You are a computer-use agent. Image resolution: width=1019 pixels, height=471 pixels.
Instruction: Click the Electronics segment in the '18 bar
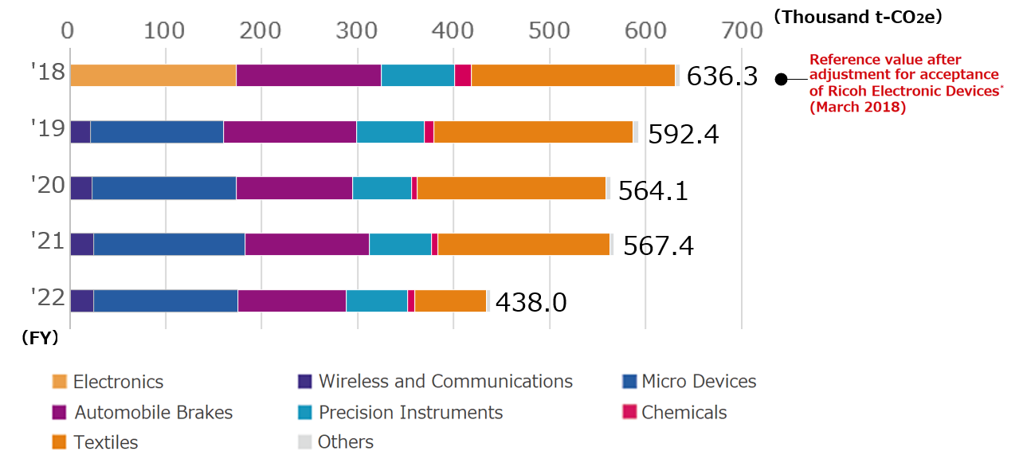[153, 75]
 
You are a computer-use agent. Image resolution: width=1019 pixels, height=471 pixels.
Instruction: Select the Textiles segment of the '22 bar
[450, 301]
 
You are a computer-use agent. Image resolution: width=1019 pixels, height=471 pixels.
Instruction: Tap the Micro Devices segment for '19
[156, 132]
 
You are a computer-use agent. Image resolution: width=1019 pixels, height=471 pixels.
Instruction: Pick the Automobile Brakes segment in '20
[294, 188]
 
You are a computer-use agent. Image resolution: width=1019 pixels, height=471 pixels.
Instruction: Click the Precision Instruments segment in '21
[400, 245]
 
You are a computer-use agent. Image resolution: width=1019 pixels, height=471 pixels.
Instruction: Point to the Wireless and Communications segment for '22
[81, 301]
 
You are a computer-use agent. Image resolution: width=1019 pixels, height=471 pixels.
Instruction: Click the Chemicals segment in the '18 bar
[462, 75]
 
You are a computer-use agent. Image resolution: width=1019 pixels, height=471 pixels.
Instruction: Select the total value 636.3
[722, 77]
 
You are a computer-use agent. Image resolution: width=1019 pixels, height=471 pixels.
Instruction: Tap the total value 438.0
[531, 303]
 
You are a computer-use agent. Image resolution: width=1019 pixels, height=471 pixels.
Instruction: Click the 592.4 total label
[683, 135]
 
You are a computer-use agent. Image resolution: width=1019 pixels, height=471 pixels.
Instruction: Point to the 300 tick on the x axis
[358, 30]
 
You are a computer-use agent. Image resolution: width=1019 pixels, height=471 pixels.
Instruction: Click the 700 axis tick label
[742, 30]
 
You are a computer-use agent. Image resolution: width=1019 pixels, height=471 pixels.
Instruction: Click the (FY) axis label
[40, 338]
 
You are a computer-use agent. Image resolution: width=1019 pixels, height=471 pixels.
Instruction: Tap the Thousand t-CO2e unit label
[857, 17]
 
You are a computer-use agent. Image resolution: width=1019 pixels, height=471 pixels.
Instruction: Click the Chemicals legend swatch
[629, 412]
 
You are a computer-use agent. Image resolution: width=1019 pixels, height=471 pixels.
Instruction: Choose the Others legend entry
[345, 442]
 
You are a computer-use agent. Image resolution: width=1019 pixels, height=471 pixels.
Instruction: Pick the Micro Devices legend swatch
[629, 382]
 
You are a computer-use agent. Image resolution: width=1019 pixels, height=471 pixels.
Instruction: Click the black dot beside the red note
[781, 79]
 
